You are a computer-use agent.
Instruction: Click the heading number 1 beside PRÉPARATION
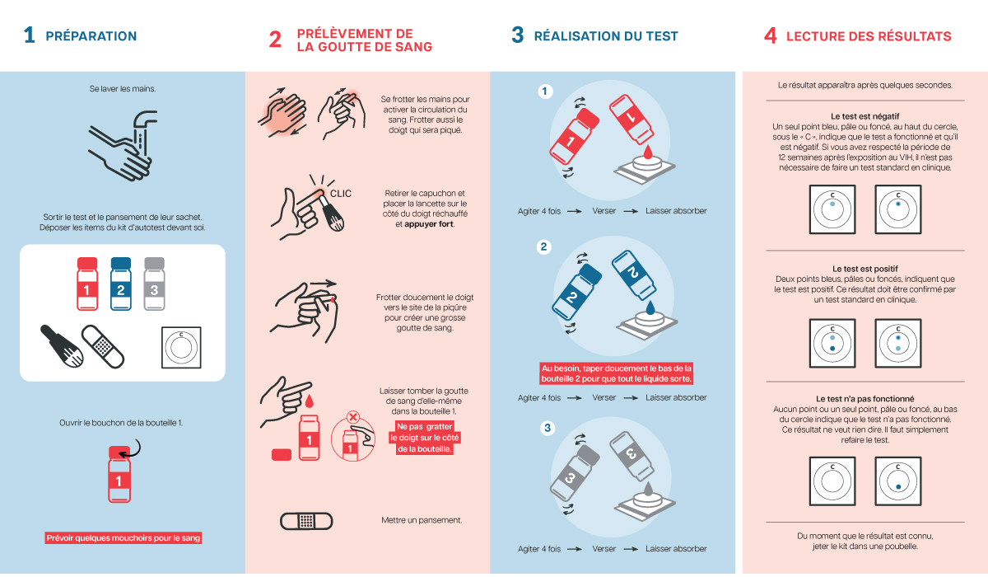29,35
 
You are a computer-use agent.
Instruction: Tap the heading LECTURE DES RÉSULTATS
869,36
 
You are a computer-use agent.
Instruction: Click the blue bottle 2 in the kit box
121,284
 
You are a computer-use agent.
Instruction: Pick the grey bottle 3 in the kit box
155,284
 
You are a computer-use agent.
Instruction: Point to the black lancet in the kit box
62,346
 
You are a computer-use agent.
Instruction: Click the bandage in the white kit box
103,346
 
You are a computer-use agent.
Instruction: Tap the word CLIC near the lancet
341,194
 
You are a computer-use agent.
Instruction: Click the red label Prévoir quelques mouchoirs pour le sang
123,537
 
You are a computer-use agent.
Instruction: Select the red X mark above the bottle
353,417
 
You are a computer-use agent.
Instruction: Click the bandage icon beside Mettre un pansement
306,521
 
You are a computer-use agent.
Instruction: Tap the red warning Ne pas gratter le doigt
424,438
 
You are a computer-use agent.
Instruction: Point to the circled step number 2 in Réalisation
543,246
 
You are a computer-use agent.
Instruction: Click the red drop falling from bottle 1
647,152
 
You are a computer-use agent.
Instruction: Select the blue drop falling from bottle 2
650,307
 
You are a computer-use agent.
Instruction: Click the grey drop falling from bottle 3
647,489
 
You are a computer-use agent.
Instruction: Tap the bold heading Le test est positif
865,269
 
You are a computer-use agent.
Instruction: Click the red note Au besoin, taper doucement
616,373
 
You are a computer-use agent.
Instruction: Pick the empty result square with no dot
832,481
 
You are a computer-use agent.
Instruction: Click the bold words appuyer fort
429,224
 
